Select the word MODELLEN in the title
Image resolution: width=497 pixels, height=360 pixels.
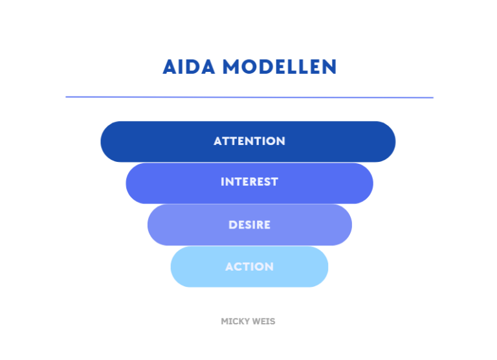pos(279,67)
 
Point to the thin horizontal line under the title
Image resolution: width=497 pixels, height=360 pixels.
pos(249,97)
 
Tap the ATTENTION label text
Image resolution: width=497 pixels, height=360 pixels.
pos(249,141)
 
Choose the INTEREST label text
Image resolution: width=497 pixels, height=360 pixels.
pos(249,183)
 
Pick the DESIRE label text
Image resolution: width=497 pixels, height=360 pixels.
pos(249,225)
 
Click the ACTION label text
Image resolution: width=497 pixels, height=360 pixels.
pos(249,267)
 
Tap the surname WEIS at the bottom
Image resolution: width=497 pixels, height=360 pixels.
pos(264,321)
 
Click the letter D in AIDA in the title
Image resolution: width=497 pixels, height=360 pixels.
pos(191,67)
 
